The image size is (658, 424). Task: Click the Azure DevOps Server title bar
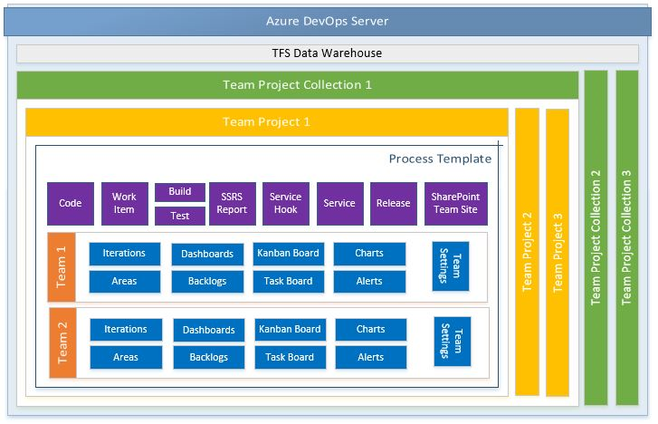(328, 21)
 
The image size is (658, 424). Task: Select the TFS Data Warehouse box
(328, 53)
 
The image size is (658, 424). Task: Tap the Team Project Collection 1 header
(298, 85)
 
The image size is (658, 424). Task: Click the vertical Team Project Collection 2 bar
(596, 237)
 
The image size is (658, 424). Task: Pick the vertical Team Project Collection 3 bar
(627, 237)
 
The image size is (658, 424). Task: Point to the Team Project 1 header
(267, 122)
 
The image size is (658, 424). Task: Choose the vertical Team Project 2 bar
(527, 252)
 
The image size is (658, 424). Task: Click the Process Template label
(440, 159)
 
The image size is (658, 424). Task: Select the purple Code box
(71, 203)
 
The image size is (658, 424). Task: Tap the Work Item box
(125, 203)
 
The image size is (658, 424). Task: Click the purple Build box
(180, 192)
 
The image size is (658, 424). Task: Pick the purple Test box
(180, 216)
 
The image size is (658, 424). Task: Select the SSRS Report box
(233, 203)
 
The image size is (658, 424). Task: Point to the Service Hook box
(286, 203)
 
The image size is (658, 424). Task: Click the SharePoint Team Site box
(456, 203)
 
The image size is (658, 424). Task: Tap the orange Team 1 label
(62, 267)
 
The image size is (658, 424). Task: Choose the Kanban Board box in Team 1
(289, 254)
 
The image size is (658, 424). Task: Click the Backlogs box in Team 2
(209, 357)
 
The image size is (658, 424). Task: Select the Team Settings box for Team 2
(453, 342)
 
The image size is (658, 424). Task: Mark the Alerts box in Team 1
(369, 281)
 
